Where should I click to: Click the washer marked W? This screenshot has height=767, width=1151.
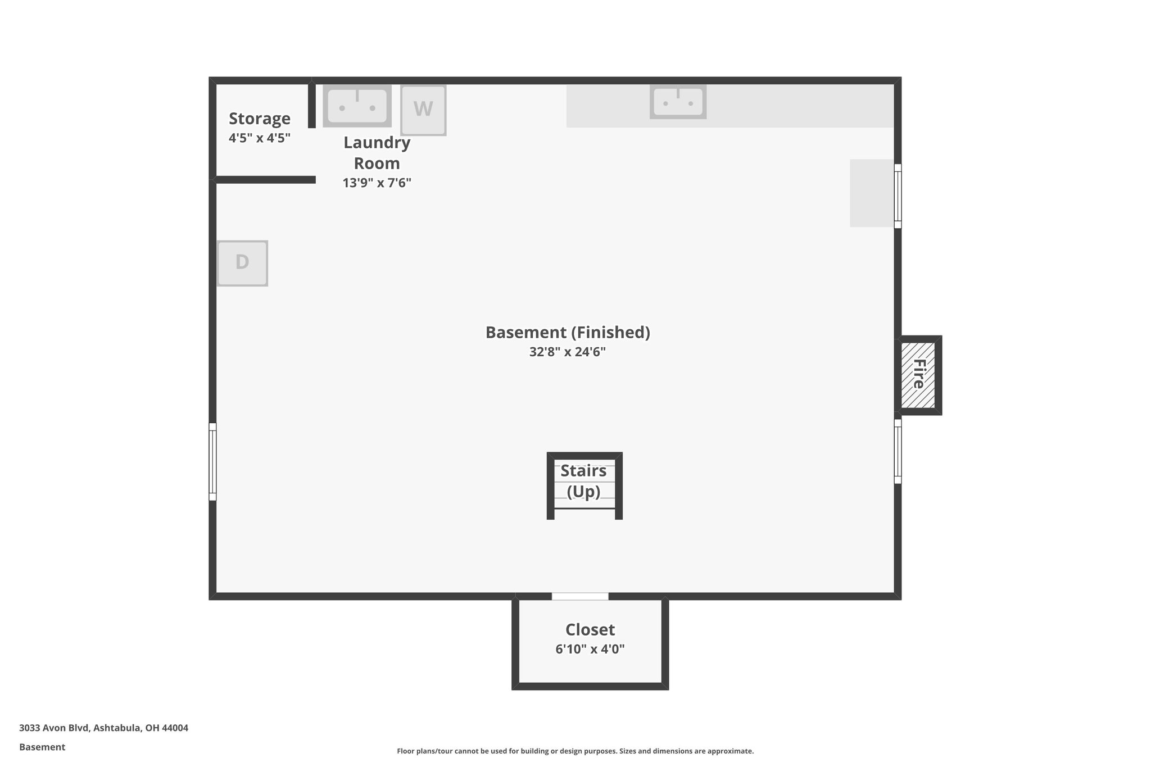tap(423, 110)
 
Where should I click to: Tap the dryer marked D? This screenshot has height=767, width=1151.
tap(242, 263)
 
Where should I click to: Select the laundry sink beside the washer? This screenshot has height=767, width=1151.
tap(357, 106)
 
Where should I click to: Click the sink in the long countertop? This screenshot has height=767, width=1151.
tap(678, 102)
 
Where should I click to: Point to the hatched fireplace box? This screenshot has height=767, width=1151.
tap(918, 375)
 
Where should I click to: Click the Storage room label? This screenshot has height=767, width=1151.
tap(260, 119)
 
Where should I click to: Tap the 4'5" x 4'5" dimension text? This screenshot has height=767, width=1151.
tap(260, 138)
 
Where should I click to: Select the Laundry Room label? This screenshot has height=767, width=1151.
tap(377, 153)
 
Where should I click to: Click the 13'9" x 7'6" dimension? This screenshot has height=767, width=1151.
tap(377, 183)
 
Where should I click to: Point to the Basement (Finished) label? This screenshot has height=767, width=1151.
tap(568, 332)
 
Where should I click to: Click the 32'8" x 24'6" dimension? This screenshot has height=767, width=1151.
tap(568, 352)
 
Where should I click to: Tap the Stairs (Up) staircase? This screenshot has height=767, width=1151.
tap(584, 484)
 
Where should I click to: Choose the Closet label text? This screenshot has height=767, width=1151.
tap(590, 629)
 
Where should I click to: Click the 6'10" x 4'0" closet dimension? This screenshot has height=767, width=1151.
tap(590, 649)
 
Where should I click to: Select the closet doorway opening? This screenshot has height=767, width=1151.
tap(580, 596)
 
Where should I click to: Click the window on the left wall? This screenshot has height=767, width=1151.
tap(212, 461)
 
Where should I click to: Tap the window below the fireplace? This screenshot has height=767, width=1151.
tap(898, 451)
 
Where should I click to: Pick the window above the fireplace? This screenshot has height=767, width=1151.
tap(898, 196)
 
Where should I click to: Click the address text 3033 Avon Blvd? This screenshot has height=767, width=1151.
tap(103, 728)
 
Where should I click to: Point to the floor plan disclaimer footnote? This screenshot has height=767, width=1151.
tap(575, 751)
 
